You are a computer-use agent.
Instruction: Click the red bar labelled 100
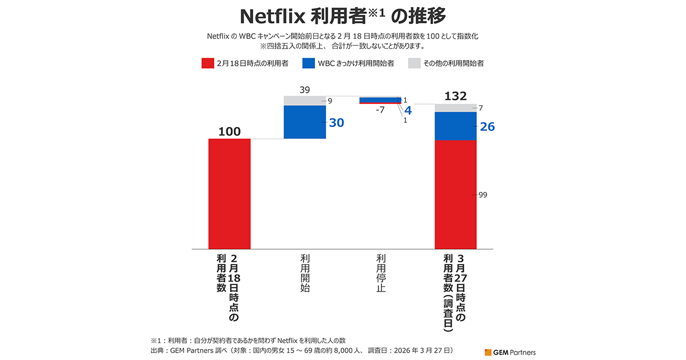(229, 194)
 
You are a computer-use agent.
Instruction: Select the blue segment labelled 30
(305, 122)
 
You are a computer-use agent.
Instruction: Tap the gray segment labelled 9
(305, 101)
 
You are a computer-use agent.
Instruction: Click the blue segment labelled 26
(456, 126)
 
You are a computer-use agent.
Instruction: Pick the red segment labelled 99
(456, 194)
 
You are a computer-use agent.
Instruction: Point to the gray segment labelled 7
(456, 107)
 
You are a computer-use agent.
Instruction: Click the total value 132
(456, 95)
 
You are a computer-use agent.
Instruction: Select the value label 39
(305, 90)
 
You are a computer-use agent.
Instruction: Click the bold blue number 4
(408, 110)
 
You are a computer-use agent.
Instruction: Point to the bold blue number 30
(336, 123)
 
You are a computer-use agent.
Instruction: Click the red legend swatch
(208, 63)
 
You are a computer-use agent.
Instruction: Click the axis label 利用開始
(305, 273)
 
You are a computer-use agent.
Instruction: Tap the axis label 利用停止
(381, 273)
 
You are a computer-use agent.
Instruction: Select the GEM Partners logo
(510, 352)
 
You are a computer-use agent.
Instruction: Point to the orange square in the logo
(488, 352)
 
